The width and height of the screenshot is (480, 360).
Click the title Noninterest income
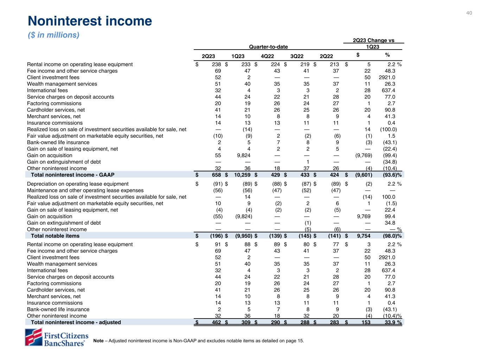(90, 21)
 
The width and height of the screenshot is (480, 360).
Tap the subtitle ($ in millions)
(53, 35)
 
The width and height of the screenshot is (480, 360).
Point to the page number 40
(469, 13)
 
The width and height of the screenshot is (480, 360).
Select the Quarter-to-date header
(268, 47)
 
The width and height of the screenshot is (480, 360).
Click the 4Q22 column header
(268, 56)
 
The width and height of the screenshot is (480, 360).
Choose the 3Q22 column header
(297, 56)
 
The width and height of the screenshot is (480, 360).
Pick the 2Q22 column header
(326, 56)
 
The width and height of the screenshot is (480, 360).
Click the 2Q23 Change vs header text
(373, 40)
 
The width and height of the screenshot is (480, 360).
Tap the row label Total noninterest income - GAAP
(72, 175)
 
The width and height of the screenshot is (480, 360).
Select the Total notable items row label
(55, 236)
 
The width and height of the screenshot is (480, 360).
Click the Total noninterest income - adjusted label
(76, 322)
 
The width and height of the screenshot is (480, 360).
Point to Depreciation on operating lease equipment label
(78, 184)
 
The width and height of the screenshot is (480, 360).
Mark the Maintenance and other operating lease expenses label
(85, 191)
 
